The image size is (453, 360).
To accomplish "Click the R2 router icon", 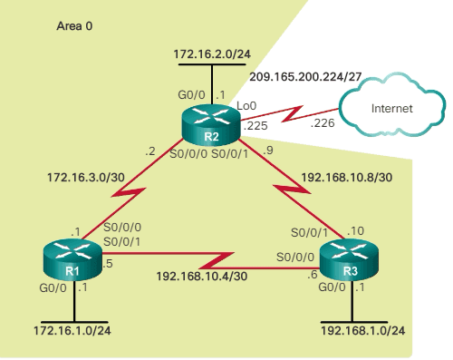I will pyautogui.click(x=210, y=122).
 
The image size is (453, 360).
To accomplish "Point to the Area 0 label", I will pyautogui.click(x=74, y=27).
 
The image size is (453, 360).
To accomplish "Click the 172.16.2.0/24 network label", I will pyautogui.click(x=211, y=55).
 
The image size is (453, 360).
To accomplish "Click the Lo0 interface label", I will pyautogui.click(x=247, y=106).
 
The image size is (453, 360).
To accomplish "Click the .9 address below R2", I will pyautogui.click(x=266, y=151).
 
